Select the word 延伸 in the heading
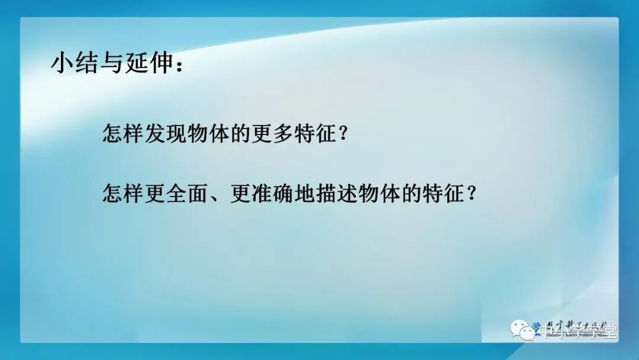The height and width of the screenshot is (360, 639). [149, 63]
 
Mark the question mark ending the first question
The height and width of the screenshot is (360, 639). [339, 134]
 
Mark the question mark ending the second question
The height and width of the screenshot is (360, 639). [471, 194]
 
